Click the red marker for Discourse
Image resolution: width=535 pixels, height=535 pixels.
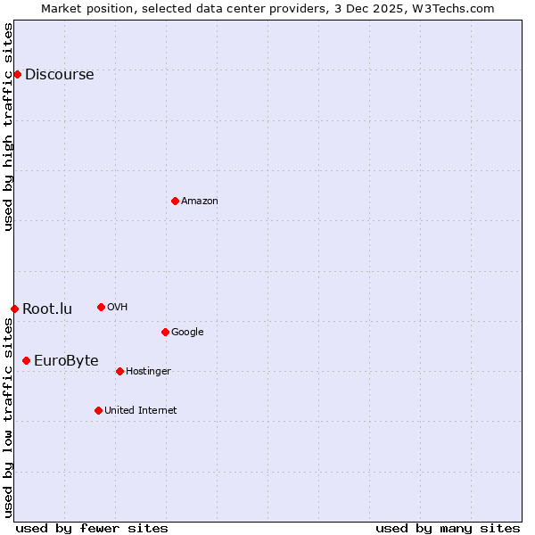click(17, 74)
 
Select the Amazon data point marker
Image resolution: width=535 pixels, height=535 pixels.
click(175, 201)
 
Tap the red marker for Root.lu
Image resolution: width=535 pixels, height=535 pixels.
click(14, 309)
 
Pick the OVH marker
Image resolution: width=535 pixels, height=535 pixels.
click(101, 307)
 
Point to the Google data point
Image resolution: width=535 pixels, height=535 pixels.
click(165, 332)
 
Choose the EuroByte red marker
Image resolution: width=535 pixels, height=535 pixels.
click(26, 360)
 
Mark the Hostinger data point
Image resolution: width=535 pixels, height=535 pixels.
click(119, 371)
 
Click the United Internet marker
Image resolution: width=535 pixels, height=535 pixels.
click(98, 410)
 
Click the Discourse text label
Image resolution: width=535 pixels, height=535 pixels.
click(60, 75)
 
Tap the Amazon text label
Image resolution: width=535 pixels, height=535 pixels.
click(200, 202)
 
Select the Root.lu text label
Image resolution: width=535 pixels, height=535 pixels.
click(47, 309)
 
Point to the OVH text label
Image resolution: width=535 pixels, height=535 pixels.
click(118, 308)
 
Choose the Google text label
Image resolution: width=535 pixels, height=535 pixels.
click(187, 333)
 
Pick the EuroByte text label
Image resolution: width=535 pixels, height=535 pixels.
click(66, 361)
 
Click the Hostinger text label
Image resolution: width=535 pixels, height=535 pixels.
click(148, 372)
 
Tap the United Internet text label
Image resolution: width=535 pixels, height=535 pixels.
click(141, 411)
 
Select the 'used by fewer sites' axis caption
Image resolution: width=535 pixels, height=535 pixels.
click(92, 528)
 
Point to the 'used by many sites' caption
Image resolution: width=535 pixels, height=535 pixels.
click(448, 528)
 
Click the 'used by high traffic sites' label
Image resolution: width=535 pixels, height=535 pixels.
click(8, 127)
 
